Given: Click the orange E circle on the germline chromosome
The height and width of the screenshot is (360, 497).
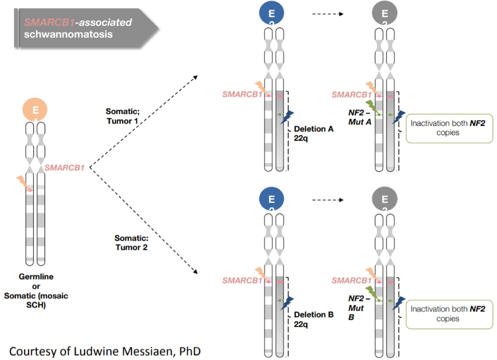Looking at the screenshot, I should pyautogui.click(x=35, y=109).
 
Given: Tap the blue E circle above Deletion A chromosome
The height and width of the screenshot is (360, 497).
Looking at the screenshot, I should pyautogui.click(x=271, y=13).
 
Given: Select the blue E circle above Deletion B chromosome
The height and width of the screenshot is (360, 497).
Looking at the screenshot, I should pyautogui.click(x=271, y=200).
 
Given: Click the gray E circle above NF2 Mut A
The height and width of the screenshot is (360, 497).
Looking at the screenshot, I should pyautogui.click(x=384, y=13).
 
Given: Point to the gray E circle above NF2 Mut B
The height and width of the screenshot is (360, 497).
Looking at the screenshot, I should pyautogui.click(x=384, y=200).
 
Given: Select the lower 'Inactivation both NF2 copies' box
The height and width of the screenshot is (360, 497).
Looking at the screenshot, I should pyautogui.click(x=449, y=314).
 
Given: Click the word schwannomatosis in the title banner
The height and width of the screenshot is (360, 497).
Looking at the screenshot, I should pyautogui.click(x=68, y=34).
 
